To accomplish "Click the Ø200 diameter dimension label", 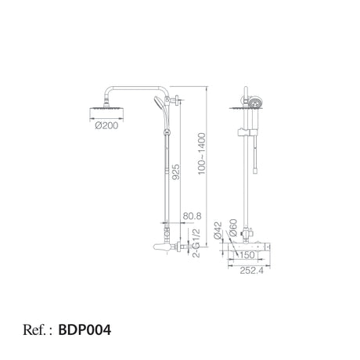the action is (106, 126).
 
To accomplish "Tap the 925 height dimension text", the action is (176, 172).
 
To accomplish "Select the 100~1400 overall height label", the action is (202, 153).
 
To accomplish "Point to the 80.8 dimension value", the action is (192, 216).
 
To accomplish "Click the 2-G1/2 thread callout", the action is (196, 243).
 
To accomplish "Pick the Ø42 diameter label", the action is (218, 230).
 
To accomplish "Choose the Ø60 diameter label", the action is (233, 228).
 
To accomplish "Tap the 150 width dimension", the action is (247, 255).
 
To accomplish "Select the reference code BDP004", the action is (85, 329).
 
